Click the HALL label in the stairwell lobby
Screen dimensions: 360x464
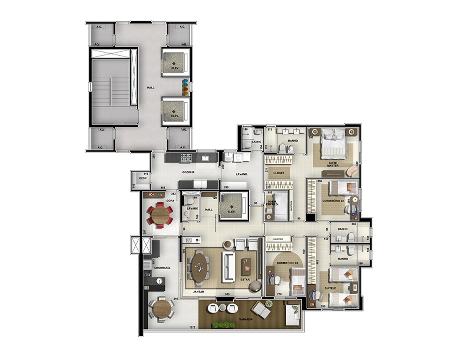point(150,87)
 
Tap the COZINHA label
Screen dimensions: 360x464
point(188,172)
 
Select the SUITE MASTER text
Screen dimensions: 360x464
point(333,163)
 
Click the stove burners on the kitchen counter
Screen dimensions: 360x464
point(186,158)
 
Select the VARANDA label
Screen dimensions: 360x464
point(245,318)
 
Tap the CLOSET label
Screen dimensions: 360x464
point(279,172)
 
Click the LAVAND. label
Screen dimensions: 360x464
point(243,174)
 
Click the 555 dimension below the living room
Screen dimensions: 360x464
point(227,294)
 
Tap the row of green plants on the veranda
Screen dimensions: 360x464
point(223,324)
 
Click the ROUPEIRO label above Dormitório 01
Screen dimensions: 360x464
point(279,239)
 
